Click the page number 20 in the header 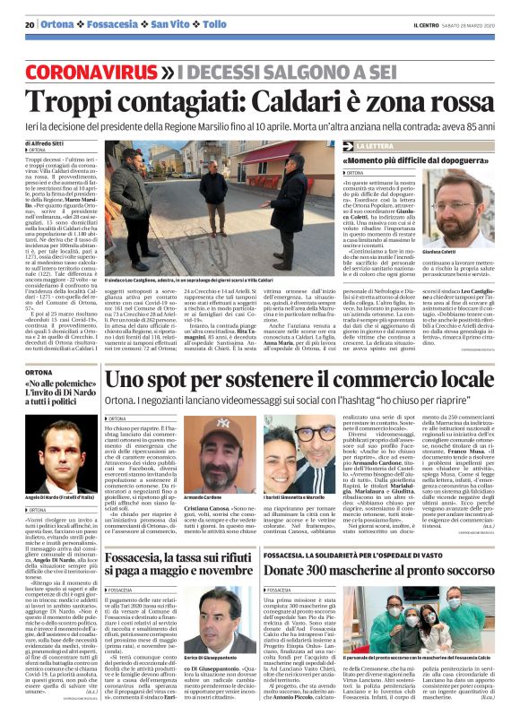30,24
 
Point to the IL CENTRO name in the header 426,24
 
